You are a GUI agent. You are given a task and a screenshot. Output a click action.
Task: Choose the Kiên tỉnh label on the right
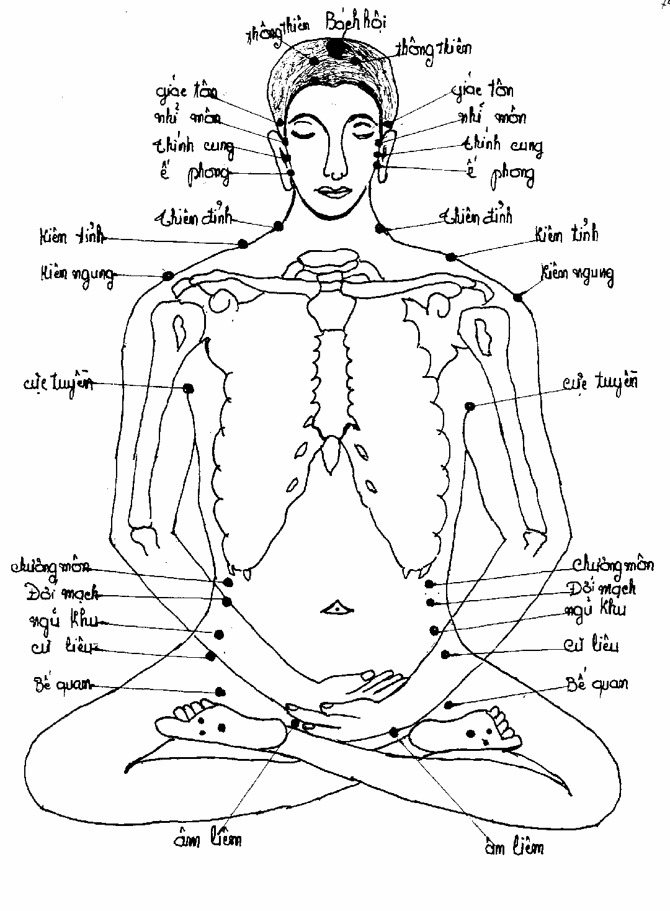coord(566,235)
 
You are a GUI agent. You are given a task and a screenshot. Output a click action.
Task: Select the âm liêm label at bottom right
coord(514,846)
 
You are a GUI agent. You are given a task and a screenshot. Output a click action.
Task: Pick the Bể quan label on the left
coord(60,684)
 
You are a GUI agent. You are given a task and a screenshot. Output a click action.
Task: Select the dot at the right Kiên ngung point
coord(518,298)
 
